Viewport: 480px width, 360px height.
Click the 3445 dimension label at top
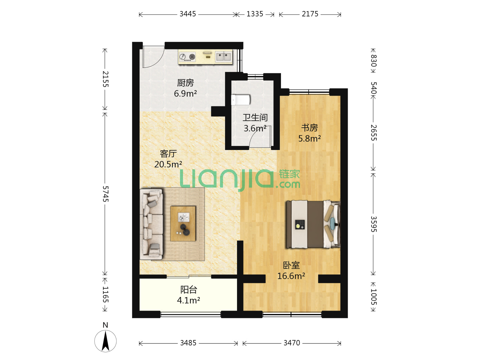[187, 14]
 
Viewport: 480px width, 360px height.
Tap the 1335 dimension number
[255, 14]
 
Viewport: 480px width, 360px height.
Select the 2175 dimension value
[310, 14]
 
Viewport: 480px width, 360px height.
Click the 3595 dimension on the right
[374, 224]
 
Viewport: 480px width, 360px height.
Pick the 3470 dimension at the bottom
[291, 343]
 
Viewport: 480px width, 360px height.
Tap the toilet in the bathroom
[241, 100]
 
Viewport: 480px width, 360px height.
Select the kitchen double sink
[223, 57]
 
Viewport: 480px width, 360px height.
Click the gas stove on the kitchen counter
[187, 57]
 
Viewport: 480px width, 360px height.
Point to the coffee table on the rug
[183, 224]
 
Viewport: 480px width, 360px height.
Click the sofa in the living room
[151, 224]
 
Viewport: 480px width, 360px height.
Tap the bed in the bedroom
[313, 224]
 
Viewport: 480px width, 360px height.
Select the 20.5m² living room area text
[168, 164]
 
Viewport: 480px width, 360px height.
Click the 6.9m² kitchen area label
[185, 94]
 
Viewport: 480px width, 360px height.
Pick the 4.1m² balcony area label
[188, 300]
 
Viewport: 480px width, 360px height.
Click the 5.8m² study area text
[309, 138]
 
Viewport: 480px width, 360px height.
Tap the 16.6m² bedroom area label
[291, 276]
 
